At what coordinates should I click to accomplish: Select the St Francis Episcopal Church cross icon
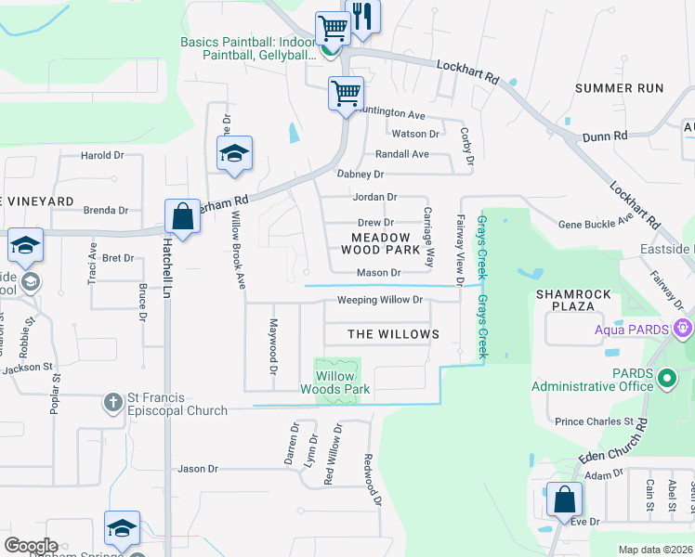tap(112, 403)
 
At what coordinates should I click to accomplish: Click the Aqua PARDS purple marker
tap(685, 328)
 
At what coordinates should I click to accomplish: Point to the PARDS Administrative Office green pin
tap(666, 379)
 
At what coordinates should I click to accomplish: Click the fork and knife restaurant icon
tap(362, 16)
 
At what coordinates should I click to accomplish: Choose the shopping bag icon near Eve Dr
tap(564, 499)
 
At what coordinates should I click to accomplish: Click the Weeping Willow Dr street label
tap(379, 300)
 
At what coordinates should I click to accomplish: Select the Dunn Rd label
tap(605, 136)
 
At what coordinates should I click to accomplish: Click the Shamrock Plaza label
tap(573, 301)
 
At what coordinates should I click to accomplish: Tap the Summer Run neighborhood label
tap(619, 88)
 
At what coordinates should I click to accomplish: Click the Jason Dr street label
tap(197, 469)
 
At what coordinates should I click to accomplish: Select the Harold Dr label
tap(102, 156)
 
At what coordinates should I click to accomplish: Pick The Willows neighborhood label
tap(393, 334)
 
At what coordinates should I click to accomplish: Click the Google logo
tap(31, 545)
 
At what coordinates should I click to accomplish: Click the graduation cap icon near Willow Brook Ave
tap(234, 153)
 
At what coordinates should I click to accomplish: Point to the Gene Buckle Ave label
tap(595, 224)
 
